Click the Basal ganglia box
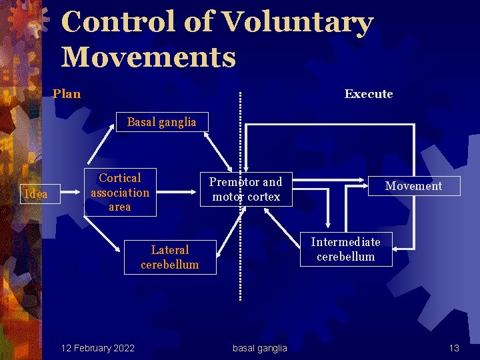pos(161,122)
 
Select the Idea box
pos(35,194)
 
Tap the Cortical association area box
pos(120,193)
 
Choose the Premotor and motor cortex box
pos(246,189)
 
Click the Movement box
pos(413,186)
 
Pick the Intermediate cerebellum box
pos(345,249)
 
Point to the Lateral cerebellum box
pos(170,257)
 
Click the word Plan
pos(67,94)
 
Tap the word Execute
pos(369,94)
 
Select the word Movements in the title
pos(149,57)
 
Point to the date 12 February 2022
pos(97,348)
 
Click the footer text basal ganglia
pos(260,348)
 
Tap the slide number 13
pos(454,348)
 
